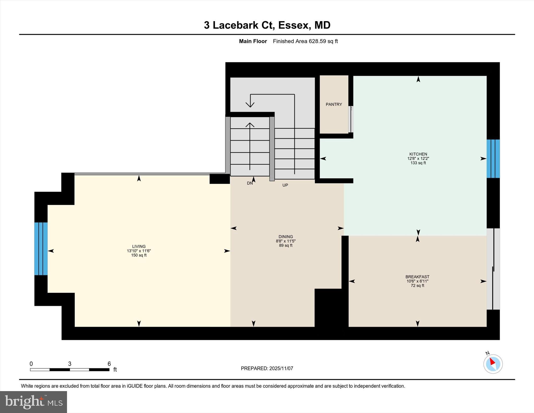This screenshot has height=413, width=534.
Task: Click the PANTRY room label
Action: (x=334, y=104)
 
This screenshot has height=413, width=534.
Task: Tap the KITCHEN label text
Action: (x=418, y=154)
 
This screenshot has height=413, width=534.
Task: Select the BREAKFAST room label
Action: (x=417, y=277)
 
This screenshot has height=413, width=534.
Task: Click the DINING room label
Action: (x=286, y=237)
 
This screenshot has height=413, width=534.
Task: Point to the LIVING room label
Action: (x=139, y=246)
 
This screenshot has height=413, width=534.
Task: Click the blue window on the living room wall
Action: (x=41, y=249)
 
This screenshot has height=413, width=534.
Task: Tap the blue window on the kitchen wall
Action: (x=493, y=159)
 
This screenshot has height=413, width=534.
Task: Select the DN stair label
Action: (x=250, y=183)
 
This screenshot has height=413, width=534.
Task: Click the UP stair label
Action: (x=285, y=185)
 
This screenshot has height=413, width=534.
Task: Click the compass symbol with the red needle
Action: (x=493, y=364)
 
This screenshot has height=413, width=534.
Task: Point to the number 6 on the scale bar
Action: (x=109, y=364)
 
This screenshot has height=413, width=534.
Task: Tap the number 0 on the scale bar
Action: (x=31, y=364)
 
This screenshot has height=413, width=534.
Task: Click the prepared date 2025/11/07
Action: (x=281, y=368)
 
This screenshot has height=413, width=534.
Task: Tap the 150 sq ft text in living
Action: (x=139, y=255)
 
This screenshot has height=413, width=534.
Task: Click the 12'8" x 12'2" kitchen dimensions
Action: (x=418, y=159)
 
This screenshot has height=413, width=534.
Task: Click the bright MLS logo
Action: (x=33, y=402)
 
